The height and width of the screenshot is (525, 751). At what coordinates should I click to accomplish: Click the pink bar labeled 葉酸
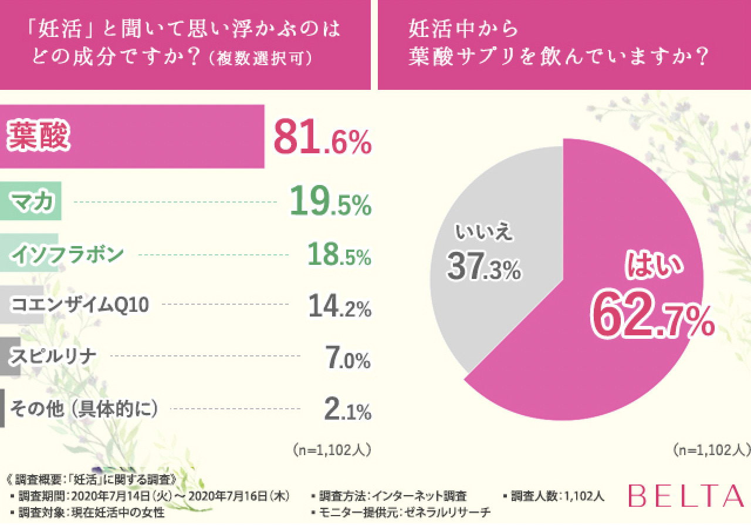[132, 137]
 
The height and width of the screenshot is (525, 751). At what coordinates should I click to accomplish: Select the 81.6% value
[322, 137]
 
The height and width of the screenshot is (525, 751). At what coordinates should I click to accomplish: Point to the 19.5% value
[330, 204]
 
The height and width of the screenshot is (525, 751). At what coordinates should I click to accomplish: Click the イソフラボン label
[67, 254]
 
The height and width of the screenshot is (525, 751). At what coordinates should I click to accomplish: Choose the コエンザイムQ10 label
[80, 304]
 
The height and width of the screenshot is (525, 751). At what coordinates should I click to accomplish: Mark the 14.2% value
[340, 307]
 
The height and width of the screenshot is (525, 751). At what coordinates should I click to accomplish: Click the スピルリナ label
[53, 356]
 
